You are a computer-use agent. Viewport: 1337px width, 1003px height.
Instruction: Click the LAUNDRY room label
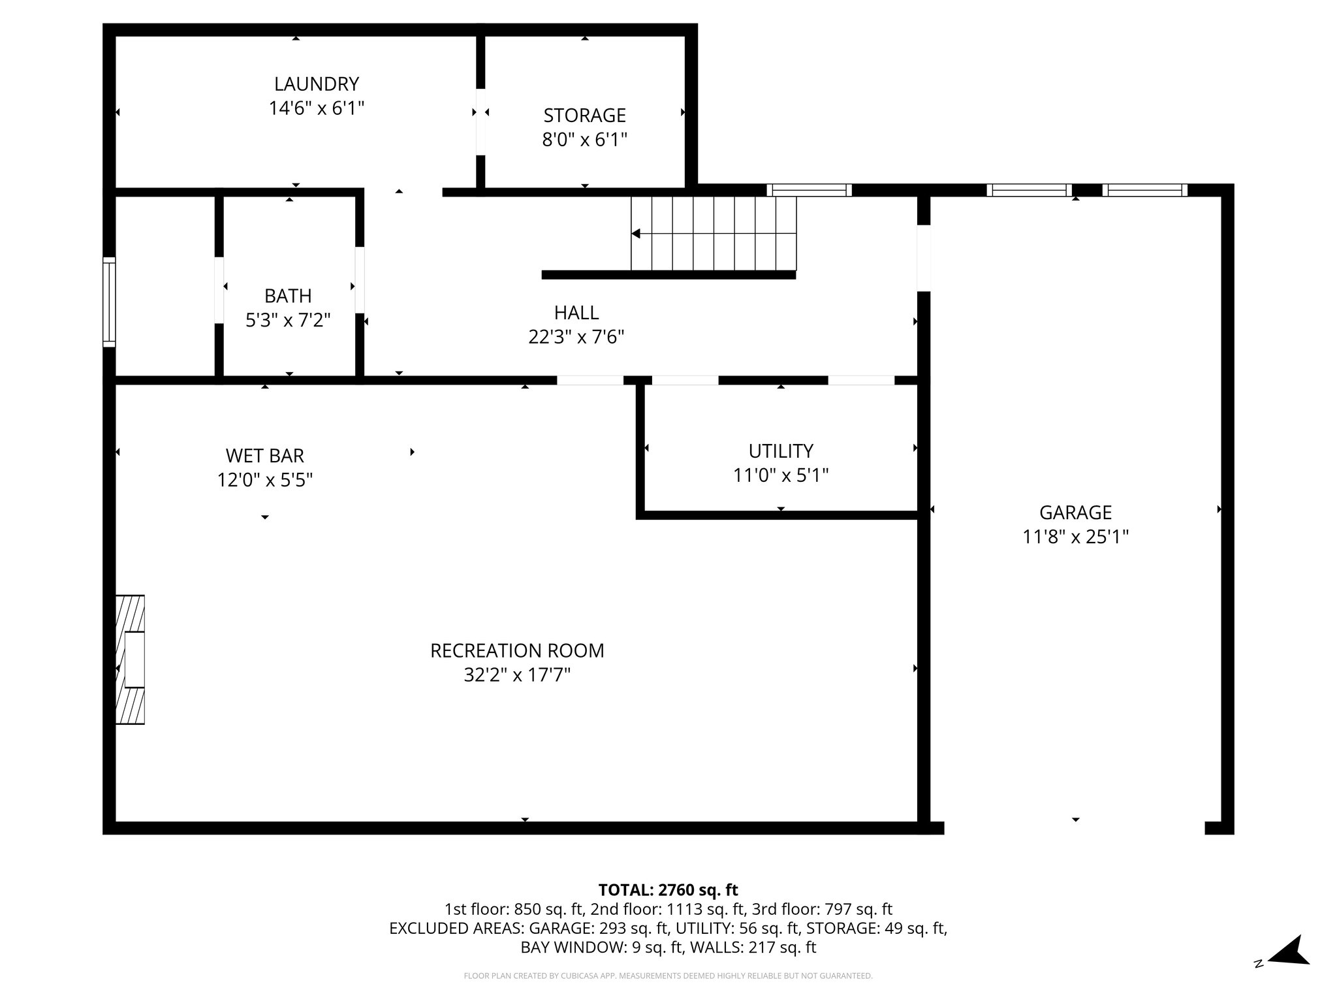[316, 84]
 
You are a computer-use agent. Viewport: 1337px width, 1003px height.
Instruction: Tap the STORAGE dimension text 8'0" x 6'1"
[584, 140]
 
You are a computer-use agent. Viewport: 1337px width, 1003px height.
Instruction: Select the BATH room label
[288, 296]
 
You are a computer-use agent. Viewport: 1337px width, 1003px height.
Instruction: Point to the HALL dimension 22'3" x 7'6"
[576, 337]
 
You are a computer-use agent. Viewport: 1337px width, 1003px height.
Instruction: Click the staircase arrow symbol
[636, 234]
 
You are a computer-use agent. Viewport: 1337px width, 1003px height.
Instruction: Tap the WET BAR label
[264, 455]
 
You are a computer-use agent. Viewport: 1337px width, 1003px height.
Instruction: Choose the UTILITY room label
[780, 451]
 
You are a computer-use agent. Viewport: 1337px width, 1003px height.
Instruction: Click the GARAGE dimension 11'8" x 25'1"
[1075, 537]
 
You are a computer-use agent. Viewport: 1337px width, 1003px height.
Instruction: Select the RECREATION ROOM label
[517, 650]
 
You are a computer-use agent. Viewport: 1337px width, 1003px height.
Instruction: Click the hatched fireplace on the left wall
[130, 660]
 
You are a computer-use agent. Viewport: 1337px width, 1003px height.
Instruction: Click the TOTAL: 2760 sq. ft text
[668, 890]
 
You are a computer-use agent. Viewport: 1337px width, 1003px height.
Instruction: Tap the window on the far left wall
[109, 302]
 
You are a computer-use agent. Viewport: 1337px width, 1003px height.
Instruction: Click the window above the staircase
[809, 190]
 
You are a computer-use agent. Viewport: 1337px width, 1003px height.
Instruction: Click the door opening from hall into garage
[923, 258]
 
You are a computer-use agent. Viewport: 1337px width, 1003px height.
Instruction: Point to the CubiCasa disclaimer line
[668, 976]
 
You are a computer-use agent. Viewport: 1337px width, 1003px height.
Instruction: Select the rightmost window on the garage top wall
[1144, 190]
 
